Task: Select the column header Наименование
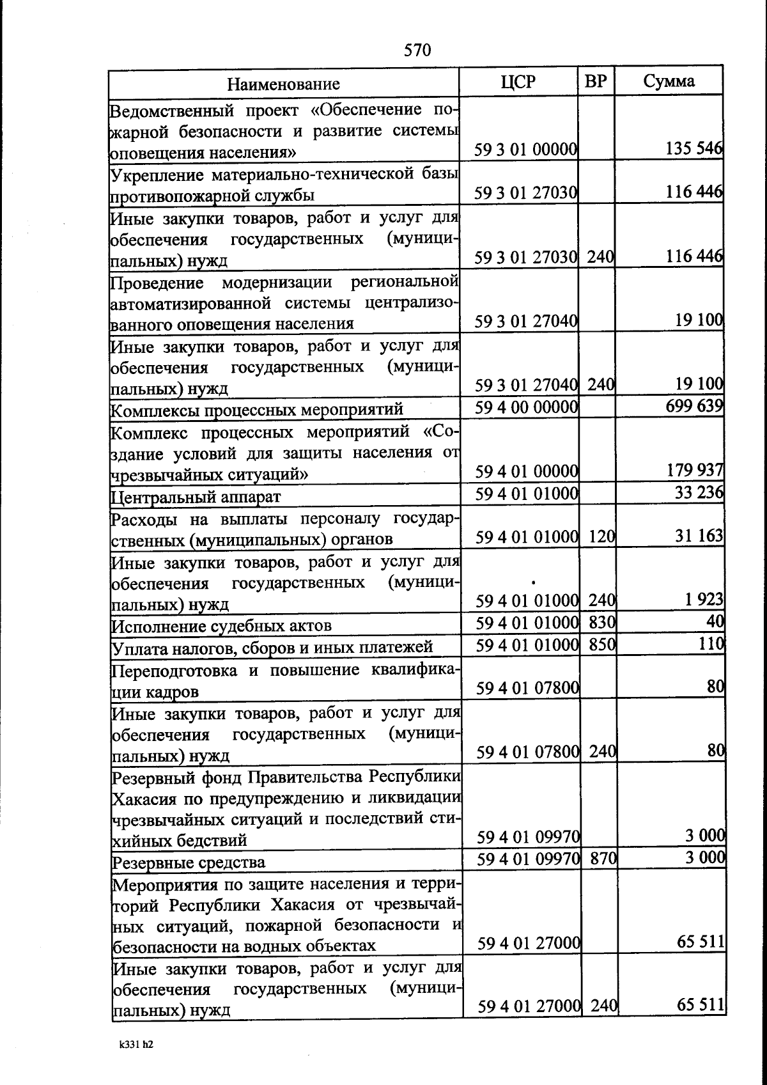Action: [x=284, y=84]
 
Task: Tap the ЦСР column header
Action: [x=518, y=81]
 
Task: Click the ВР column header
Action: [x=596, y=81]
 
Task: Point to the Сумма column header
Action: [x=669, y=81]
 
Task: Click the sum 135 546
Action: [x=693, y=149]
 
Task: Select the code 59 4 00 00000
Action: [x=527, y=407]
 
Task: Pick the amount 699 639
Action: [x=693, y=406]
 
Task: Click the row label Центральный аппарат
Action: [x=196, y=497]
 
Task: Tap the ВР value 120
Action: [x=601, y=536]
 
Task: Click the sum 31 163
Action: [x=699, y=536]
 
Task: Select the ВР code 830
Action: [x=601, y=622]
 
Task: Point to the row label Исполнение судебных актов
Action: [x=222, y=626]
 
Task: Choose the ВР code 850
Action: [x=601, y=644]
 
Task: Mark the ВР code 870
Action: [x=602, y=858]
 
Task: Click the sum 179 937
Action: [x=694, y=471]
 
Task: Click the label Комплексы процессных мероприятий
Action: [x=257, y=409]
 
